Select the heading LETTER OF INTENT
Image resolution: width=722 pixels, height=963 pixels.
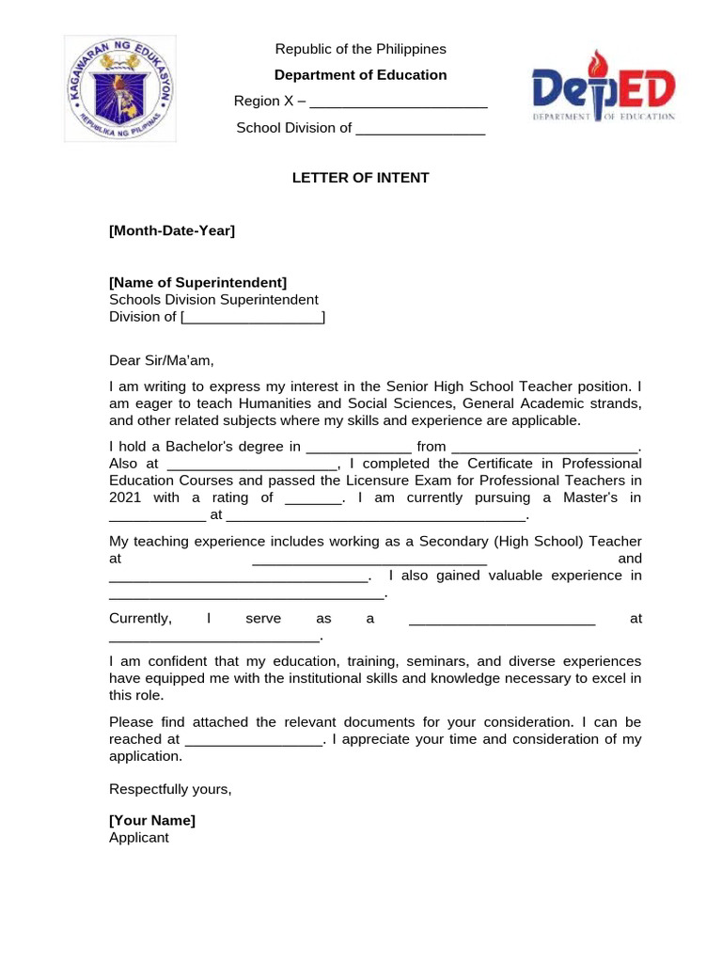[360, 178]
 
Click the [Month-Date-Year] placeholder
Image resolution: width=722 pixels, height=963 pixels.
[172, 230]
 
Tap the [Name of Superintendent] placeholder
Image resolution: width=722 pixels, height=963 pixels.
[198, 282]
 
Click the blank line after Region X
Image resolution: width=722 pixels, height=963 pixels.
[398, 103]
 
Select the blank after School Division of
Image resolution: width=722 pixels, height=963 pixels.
[420, 130]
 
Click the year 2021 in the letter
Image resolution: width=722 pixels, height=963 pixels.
[125, 497]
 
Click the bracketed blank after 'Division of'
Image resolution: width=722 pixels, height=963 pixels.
[253, 318]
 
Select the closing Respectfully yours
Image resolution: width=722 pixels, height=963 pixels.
[170, 789]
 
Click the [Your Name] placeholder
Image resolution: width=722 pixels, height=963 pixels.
[152, 820]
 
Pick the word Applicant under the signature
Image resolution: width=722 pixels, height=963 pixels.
[139, 837]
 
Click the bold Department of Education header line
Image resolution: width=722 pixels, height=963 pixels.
[360, 75]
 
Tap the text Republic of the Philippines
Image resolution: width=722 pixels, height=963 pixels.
[360, 49]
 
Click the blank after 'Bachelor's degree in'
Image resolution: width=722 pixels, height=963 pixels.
[359, 448]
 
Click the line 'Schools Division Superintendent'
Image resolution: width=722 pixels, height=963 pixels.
[213, 300]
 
